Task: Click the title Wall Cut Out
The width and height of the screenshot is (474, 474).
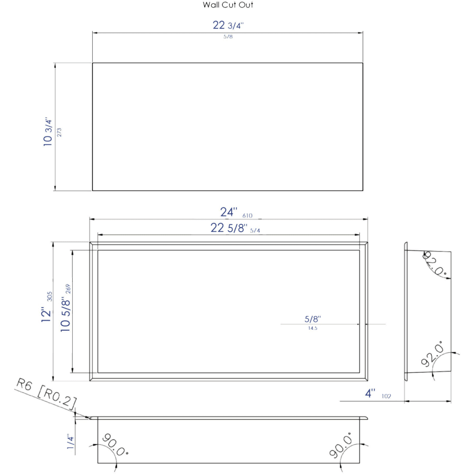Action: [x=228, y=5]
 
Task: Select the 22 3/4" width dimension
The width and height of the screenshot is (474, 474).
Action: [x=228, y=25]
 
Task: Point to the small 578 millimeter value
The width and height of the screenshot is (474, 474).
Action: [x=228, y=37]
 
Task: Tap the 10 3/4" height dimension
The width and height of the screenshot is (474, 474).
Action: [x=48, y=132]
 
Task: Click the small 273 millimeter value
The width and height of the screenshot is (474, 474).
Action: [x=60, y=132]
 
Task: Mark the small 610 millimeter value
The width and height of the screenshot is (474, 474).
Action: [x=248, y=215]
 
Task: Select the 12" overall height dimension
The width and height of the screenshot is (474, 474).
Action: [x=47, y=314]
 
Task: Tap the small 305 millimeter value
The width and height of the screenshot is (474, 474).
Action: [x=50, y=296]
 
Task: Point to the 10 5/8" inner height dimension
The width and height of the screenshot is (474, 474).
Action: [x=65, y=314]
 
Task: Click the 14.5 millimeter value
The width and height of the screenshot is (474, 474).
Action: [x=312, y=328]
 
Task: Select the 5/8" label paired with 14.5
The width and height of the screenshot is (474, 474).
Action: [x=312, y=319]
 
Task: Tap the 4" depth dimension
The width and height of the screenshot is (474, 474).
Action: [x=371, y=393]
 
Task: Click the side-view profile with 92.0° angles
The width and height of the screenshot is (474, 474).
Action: [x=428, y=311]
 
